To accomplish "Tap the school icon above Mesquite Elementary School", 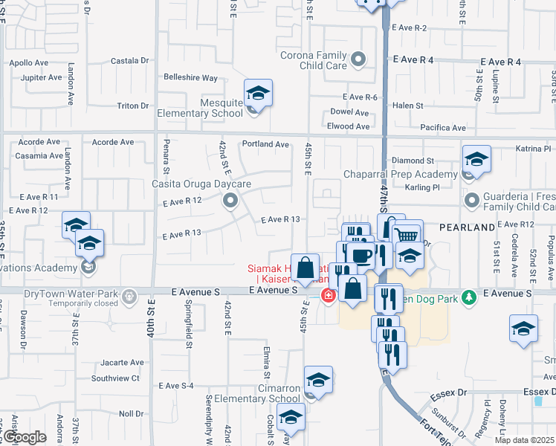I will pyautogui.click(x=258, y=93).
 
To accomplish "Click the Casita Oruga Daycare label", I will pyautogui.click(x=201, y=184).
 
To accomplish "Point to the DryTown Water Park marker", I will pyautogui.click(x=129, y=297).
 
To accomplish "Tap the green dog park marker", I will pyautogui.click(x=468, y=297).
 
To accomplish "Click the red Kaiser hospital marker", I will pyautogui.click(x=327, y=296).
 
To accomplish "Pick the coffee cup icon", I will pyautogui.click(x=362, y=255).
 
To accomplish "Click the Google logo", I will pyautogui.click(x=25, y=437).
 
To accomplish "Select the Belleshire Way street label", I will pyautogui.click(x=190, y=77).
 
